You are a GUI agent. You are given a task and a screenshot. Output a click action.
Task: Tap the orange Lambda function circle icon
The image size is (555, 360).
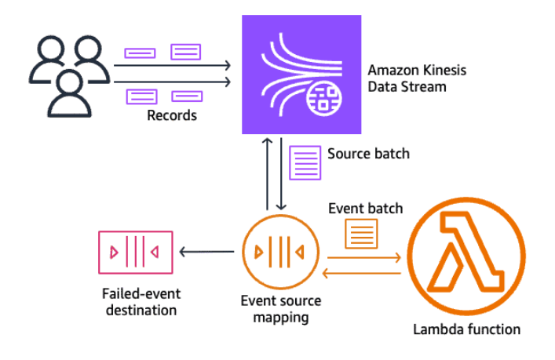(466, 249)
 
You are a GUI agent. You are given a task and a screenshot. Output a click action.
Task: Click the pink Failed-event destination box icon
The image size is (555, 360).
(136, 252)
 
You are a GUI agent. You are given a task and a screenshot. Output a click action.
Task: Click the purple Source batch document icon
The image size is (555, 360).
(305, 162)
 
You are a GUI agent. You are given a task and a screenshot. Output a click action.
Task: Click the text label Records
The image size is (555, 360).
(171, 116)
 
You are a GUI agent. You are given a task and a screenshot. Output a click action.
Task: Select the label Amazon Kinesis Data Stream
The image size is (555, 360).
(417, 78)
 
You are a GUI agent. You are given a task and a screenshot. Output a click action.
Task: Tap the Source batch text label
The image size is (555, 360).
(368, 154)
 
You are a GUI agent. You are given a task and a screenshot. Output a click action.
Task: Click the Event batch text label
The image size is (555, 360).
(363, 209)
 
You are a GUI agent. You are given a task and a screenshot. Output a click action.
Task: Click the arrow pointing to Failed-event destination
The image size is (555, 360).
(206, 252)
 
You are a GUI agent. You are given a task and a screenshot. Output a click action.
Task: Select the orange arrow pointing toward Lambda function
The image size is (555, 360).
(363, 256)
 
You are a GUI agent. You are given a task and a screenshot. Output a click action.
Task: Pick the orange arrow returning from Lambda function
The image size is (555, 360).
(363, 272)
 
